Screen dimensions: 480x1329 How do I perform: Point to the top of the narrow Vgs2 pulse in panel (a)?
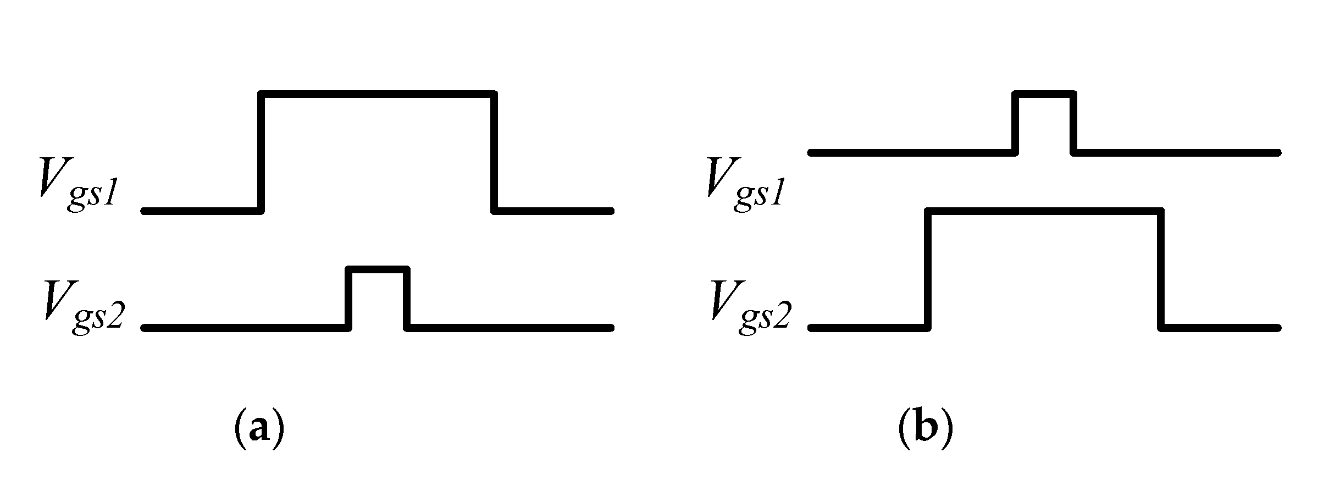378,269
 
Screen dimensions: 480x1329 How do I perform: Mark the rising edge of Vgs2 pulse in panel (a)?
348,298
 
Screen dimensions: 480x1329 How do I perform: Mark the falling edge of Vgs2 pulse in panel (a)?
407,298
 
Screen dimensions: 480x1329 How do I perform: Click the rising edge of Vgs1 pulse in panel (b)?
1016,123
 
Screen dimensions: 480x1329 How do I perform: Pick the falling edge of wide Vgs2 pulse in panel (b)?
1161,269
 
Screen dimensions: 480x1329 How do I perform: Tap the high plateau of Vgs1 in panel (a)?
378,94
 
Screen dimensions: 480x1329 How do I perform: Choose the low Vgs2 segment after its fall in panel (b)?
1220,328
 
